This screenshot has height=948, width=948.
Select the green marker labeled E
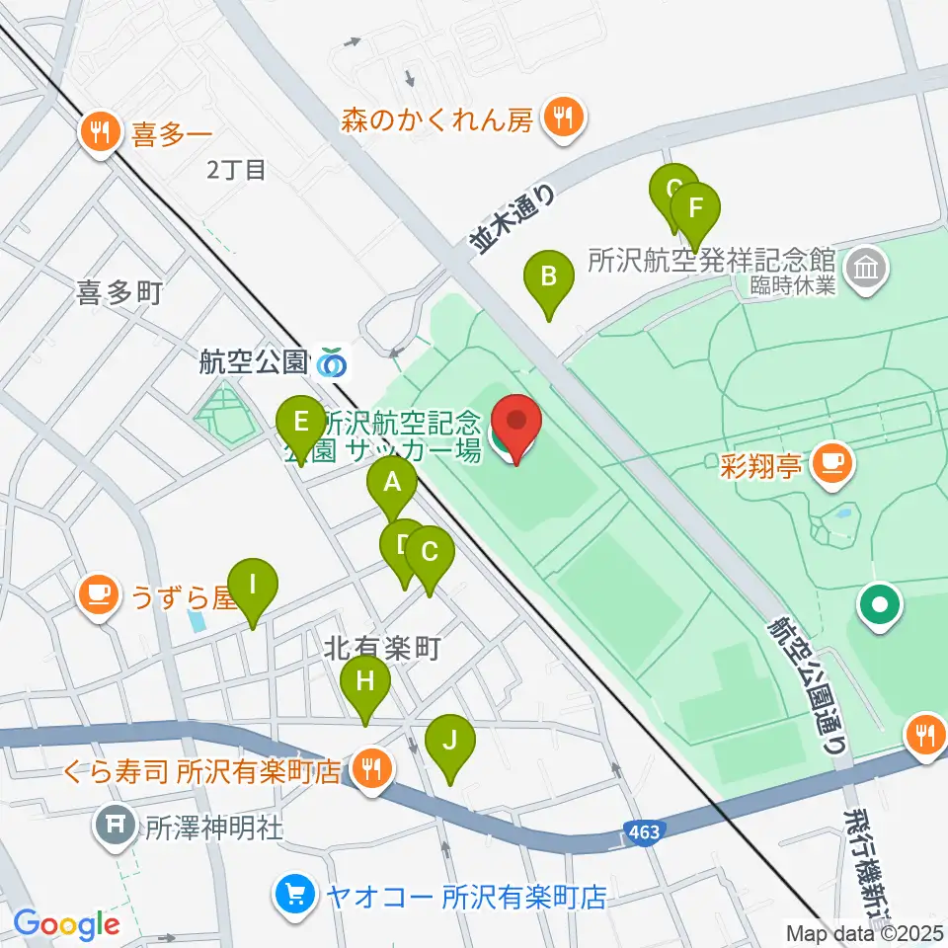298,423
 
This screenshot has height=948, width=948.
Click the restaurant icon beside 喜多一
99,131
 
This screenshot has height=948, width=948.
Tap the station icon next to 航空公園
333,363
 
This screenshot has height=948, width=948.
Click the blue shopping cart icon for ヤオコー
294,896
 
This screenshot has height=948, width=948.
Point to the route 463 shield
643,832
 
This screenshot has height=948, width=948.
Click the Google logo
66,924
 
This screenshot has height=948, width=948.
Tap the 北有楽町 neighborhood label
381,648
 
